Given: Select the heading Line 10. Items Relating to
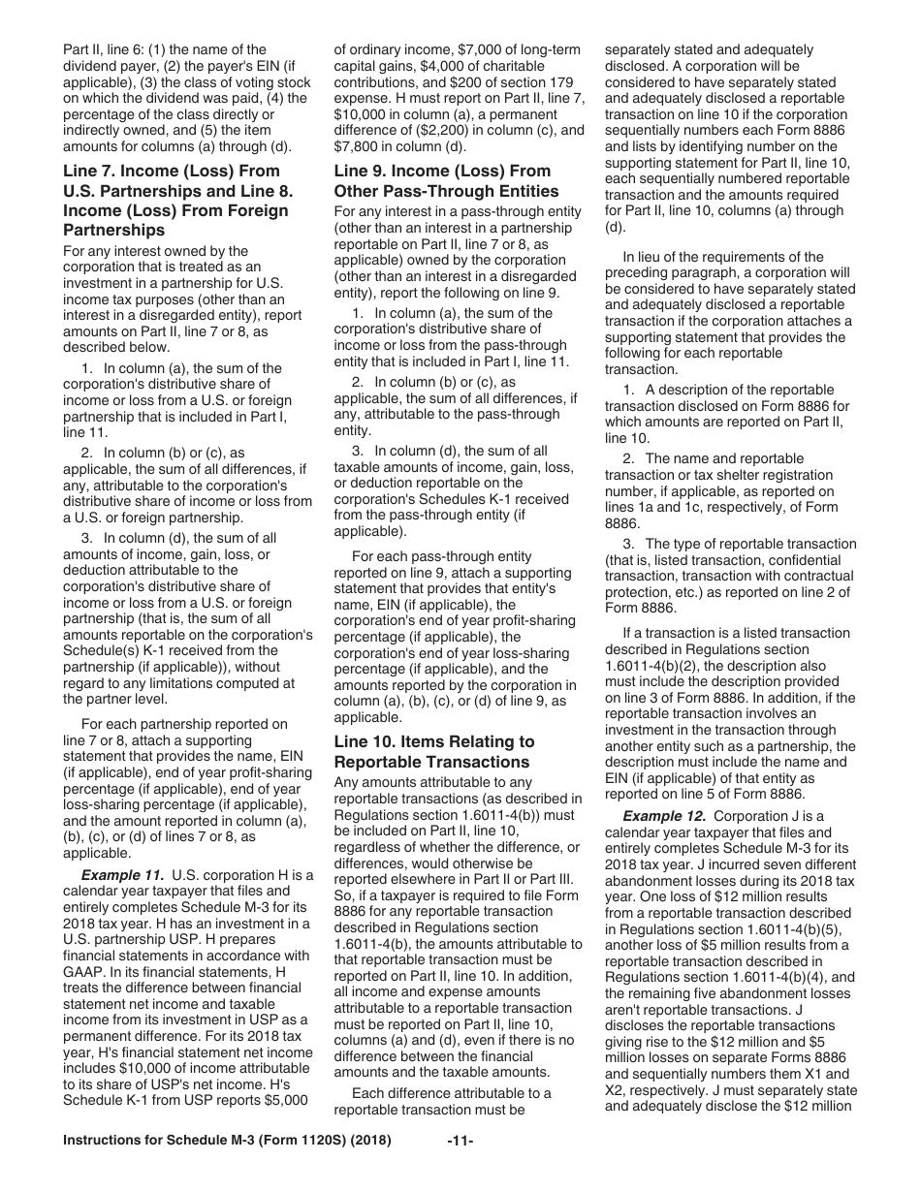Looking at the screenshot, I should pos(433,741).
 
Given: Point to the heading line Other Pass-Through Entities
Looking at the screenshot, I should pos(446,191).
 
